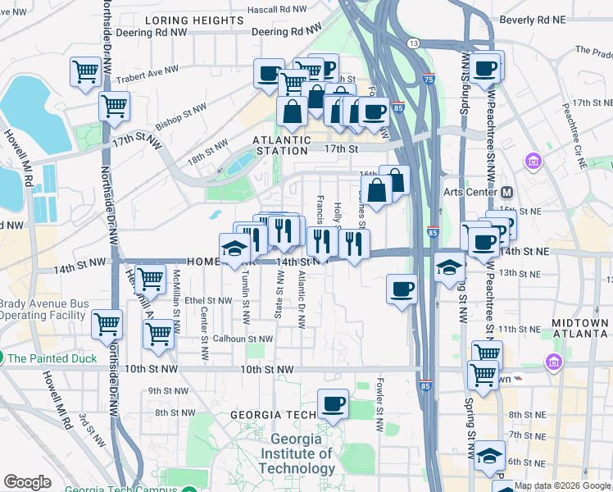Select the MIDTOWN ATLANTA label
click(x=579, y=329)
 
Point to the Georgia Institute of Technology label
click(x=296, y=453)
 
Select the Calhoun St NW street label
click(x=243, y=339)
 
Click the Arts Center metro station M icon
click(x=506, y=193)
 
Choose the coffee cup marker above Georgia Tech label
click(x=333, y=403)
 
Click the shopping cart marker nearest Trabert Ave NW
click(x=85, y=72)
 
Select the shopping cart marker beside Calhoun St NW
click(x=158, y=334)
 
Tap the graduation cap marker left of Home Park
click(x=234, y=248)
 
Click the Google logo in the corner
click(x=27, y=481)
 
